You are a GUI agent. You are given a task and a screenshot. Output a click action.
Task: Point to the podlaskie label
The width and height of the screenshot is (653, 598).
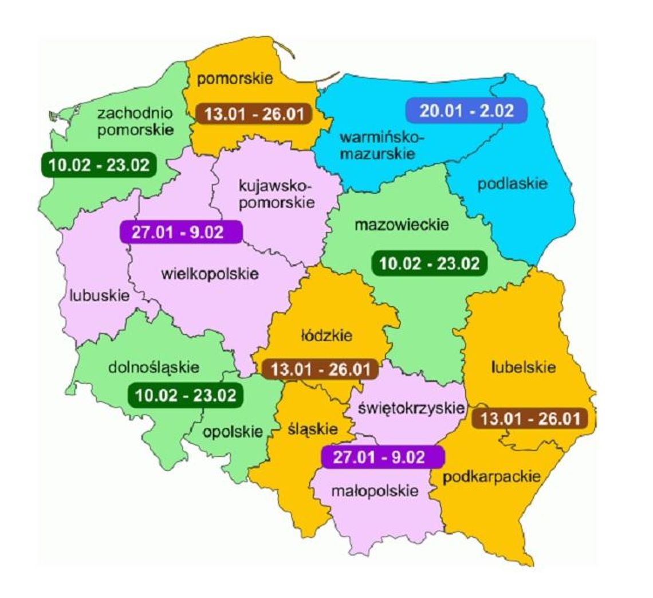point(513,185)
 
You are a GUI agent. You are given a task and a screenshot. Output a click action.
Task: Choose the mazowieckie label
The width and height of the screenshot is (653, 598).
point(401,225)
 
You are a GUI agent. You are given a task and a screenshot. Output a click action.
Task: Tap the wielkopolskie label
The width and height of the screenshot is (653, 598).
point(211,273)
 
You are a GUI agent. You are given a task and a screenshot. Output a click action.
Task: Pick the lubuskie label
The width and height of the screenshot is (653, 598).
point(99,296)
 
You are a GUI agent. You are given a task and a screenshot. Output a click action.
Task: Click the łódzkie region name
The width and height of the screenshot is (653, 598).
point(325,335)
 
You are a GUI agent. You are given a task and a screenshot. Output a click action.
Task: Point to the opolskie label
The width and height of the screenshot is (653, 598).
point(232,432)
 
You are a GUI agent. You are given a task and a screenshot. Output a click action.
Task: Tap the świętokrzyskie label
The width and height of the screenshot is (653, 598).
point(410,408)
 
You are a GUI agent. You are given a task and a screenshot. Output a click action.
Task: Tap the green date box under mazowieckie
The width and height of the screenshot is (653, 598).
point(430,263)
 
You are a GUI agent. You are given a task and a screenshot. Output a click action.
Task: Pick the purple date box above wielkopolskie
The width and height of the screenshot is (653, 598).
point(180,233)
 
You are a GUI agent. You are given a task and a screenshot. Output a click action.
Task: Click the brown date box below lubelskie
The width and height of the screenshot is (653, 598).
point(530,419)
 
